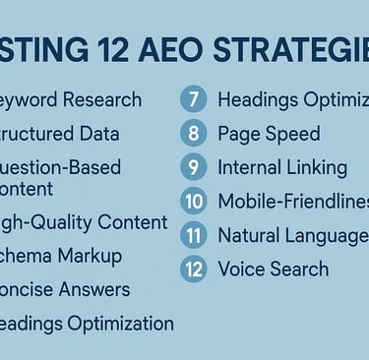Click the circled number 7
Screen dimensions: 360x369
coord(193,100)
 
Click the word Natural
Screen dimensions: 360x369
coord(253,236)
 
